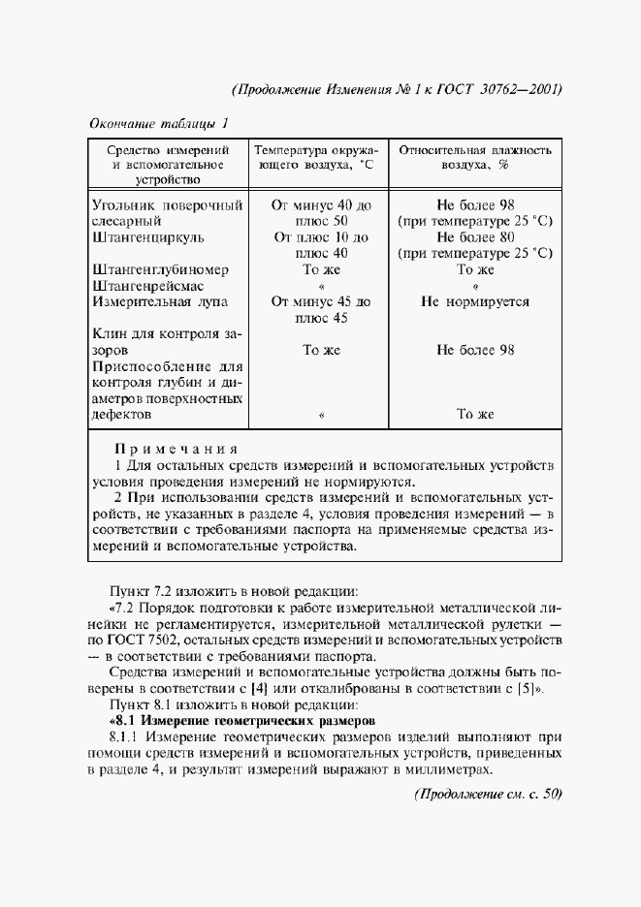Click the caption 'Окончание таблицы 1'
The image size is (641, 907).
pyautogui.click(x=159, y=125)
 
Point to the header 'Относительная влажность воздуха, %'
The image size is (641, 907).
pyautogui.click(x=475, y=158)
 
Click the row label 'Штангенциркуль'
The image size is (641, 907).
pyautogui.click(x=147, y=236)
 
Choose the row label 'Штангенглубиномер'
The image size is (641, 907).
pyautogui.click(x=159, y=269)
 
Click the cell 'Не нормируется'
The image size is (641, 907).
pyautogui.click(x=475, y=301)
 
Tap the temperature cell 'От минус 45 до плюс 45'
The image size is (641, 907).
pyautogui.click(x=322, y=309)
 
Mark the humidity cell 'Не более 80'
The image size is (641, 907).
pyautogui.click(x=475, y=236)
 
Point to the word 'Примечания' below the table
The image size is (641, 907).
pyautogui.click(x=176, y=450)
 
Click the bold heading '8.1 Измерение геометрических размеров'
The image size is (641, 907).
pyautogui.click(x=239, y=722)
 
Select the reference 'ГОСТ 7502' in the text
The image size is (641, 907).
pyautogui.click(x=140, y=641)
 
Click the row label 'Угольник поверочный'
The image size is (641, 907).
pyautogui.click(x=167, y=204)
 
